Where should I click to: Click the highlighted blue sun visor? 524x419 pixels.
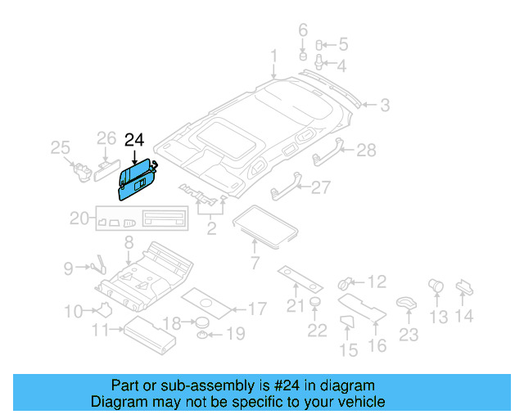(x=136, y=180)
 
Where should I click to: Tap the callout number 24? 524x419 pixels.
(x=134, y=140)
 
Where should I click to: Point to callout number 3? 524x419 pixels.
(x=383, y=105)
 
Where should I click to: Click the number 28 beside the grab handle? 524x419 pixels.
(x=366, y=150)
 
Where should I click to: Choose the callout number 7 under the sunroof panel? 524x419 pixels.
(x=254, y=263)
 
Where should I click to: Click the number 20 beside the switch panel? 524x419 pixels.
(x=79, y=219)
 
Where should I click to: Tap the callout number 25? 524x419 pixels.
(x=61, y=147)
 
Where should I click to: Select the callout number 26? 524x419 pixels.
(x=107, y=137)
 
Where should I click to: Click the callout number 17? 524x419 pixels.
(x=256, y=309)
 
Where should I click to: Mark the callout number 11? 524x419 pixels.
(x=102, y=330)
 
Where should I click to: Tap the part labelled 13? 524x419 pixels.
(x=436, y=286)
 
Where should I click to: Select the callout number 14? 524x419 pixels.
(x=463, y=316)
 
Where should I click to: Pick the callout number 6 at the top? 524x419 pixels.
(x=302, y=32)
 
